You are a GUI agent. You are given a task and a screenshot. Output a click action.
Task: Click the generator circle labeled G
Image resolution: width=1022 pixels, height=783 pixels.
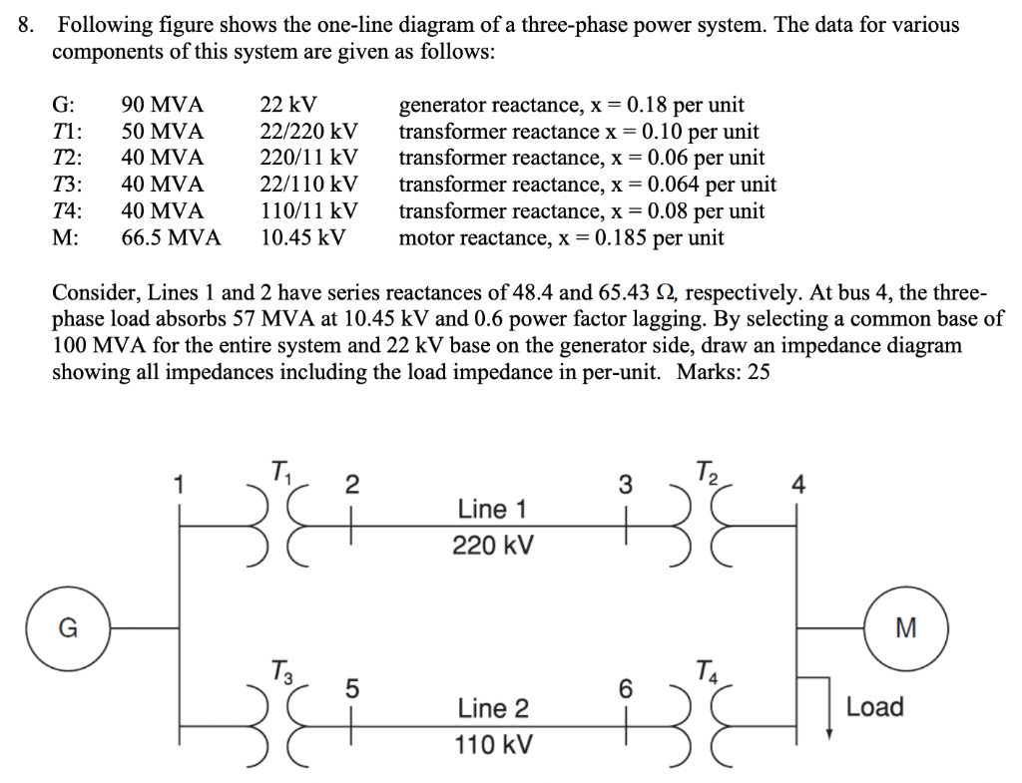68,627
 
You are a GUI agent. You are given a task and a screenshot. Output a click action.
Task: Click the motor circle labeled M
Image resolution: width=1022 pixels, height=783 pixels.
904,627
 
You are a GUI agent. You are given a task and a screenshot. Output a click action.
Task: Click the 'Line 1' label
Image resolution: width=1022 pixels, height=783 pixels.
492,510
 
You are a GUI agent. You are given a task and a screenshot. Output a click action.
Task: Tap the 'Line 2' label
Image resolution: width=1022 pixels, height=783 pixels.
493,709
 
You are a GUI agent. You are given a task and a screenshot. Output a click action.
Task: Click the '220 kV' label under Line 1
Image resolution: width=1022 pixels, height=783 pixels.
493,546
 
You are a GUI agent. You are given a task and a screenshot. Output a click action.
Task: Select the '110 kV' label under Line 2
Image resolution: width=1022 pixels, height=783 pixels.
493,745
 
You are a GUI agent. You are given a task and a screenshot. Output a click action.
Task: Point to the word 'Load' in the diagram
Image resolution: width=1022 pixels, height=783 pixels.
875,707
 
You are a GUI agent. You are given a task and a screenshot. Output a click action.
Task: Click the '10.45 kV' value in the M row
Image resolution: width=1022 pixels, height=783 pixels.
302,237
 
